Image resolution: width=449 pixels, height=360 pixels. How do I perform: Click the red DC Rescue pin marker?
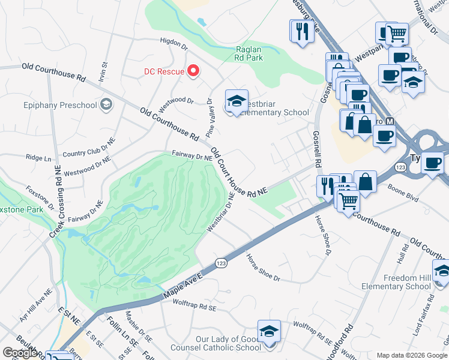(193, 71)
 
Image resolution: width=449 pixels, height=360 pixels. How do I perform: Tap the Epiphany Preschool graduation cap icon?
(106, 105)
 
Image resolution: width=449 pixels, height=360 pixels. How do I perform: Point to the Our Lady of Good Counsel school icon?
(269, 331)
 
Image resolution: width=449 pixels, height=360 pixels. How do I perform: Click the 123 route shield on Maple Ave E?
(220, 263)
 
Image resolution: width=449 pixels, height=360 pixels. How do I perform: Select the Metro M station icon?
(390, 121)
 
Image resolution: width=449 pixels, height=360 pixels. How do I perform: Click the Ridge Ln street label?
(38, 158)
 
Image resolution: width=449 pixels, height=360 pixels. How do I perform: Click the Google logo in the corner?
(20, 353)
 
